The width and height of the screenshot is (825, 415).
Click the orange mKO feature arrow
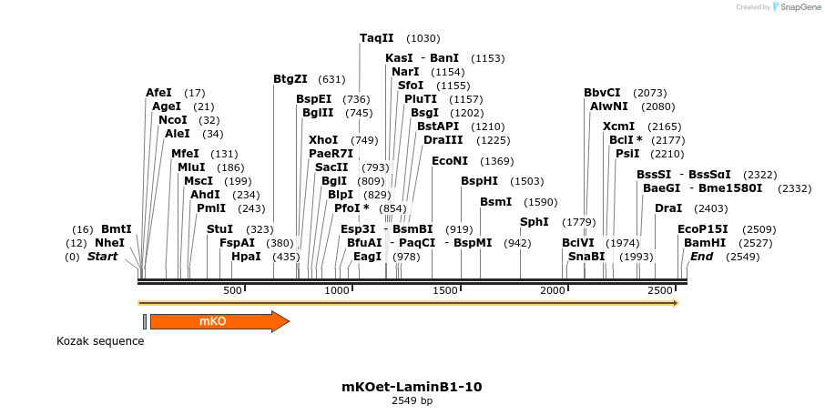(219, 321)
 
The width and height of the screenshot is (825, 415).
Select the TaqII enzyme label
(376, 38)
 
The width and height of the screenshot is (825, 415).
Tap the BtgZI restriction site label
(290, 79)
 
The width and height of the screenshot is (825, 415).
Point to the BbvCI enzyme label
(602, 93)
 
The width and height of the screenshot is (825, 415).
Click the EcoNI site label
(449, 161)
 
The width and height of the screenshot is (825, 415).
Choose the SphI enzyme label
(535, 222)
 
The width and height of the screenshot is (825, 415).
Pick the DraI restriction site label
(667, 208)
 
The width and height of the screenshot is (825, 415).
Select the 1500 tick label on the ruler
(446, 290)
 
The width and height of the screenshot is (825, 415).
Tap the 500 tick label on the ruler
(232, 290)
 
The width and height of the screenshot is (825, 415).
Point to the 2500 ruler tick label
(660, 290)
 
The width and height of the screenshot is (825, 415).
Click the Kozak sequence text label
(100, 341)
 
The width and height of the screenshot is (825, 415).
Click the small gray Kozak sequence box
(145, 320)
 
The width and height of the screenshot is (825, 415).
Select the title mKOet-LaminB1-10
(412, 387)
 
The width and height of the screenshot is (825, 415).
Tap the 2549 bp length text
(412, 400)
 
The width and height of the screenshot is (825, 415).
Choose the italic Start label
(103, 257)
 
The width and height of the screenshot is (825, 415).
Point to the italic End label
(701, 257)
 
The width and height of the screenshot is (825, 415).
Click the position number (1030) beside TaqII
(423, 38)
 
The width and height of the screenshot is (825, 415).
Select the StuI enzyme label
(219, 229)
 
